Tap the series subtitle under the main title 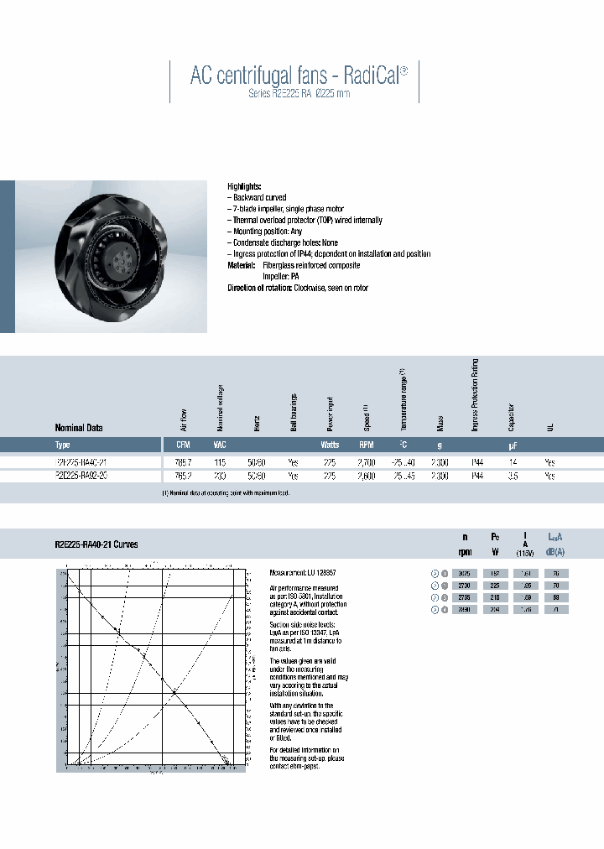click(299, 94)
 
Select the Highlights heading click(245, 186)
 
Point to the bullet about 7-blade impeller click(285, 209)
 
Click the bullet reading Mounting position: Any click(265, 232)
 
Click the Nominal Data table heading click(79, 427)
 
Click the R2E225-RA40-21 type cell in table click(81, 461)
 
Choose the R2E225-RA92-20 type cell click(81, 476)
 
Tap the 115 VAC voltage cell click(220, 461)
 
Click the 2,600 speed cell click(367, 476)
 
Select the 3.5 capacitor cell click(511, 476)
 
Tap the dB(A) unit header click(555, 551)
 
